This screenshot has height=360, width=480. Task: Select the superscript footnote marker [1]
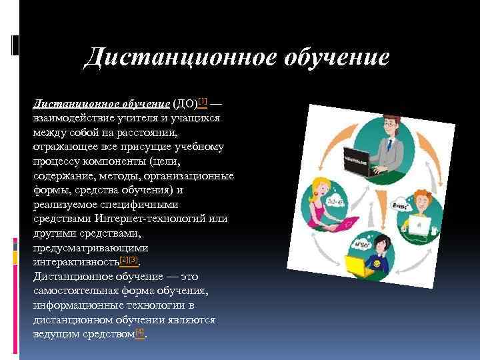203,101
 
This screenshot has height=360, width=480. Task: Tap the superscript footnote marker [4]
139,331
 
